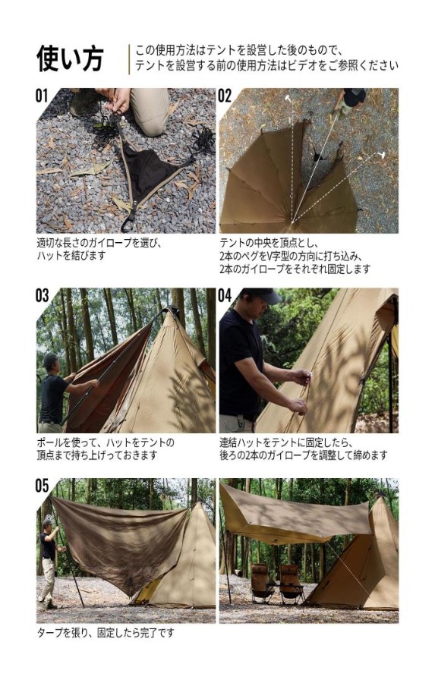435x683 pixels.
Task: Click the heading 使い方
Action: pos(70,58)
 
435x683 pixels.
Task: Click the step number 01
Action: pos(42,96)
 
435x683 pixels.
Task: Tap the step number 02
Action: pos(225,96)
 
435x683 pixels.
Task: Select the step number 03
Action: pos(42,295)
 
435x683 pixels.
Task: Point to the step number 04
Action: pos(225,295)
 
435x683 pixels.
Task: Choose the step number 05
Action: pos(42,486)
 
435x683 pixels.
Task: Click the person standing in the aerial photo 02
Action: pos(349,100)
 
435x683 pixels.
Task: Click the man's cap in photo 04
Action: pos(263,295)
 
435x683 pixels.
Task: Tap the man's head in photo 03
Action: pos(49,361)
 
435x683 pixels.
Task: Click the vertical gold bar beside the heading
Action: pos(129,59)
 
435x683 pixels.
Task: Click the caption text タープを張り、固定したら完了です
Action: pos(106,632)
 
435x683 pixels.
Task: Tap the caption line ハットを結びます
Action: pos(71,256)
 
